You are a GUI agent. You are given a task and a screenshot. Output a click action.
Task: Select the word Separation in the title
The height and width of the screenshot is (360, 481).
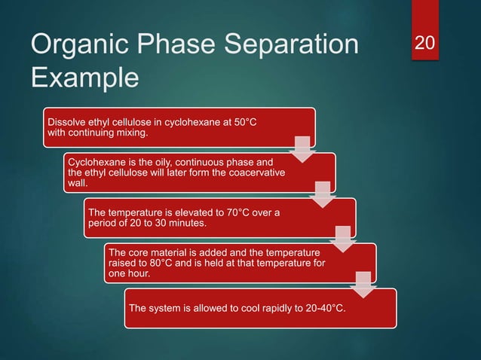click(x=293, y=47)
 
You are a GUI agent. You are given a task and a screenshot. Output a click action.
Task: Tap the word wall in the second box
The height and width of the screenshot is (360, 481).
click(x=78, y=183)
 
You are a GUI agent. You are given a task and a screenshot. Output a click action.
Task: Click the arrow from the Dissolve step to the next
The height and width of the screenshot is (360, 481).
click(x=302, y=149)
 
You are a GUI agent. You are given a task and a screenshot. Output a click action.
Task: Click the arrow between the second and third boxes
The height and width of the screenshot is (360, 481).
click(x=322, y=194)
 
